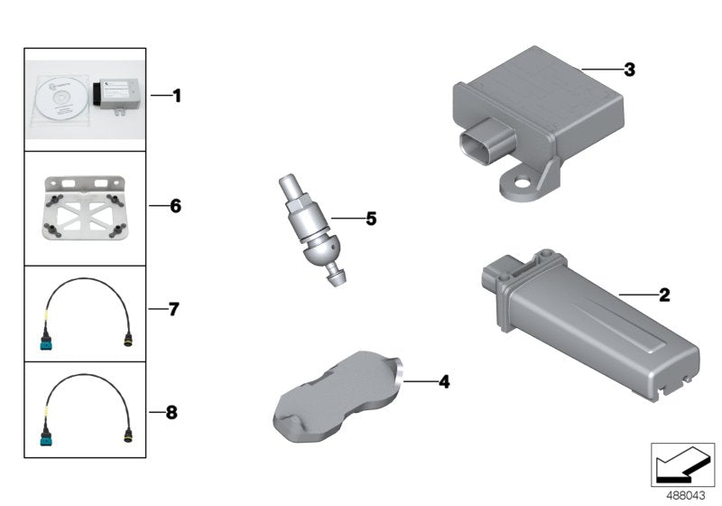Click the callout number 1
[177, 95]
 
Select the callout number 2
[664, 294]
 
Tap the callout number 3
[629, 69]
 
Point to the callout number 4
[443, 381]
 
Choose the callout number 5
[370, 218]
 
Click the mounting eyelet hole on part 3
[519, 190]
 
